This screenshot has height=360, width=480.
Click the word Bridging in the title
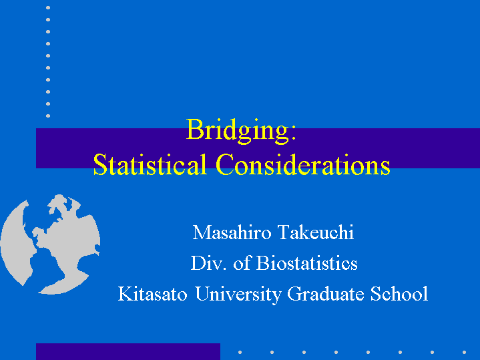pos(238,131)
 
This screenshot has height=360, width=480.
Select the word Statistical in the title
pos(150,164)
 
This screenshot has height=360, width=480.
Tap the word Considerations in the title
pos(303,164)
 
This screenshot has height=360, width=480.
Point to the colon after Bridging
pos(294,134)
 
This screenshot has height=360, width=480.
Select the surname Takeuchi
pos(316,232)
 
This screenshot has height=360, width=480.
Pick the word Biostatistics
pos(306,263)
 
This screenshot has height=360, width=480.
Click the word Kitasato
pos(152,294)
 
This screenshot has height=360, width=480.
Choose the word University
pos(238,295)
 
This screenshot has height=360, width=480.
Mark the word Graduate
pos(325,294)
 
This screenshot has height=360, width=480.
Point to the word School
pos(399,294)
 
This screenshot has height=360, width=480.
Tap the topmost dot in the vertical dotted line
pos(48,7)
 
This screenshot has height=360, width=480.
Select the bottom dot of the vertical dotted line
pos(48,116)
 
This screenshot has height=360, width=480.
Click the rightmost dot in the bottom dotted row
pos(465,353)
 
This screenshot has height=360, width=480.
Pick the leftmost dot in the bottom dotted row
pos(240,353)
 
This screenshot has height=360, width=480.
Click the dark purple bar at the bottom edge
pos(128,352)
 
